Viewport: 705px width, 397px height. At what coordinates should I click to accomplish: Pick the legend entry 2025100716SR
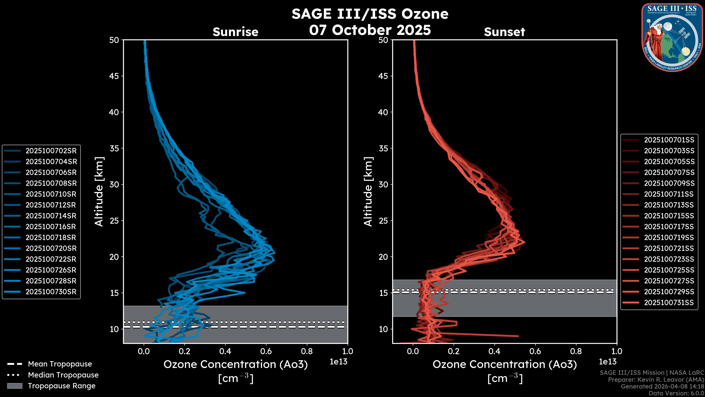(51, 227)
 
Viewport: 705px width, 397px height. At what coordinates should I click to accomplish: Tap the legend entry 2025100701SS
(669, 140)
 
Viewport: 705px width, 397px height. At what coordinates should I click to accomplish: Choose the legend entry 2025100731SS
(669, 303)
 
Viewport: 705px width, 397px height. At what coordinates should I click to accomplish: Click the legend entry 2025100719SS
(669, 237)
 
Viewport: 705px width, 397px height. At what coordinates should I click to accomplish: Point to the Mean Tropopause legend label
(60, 364)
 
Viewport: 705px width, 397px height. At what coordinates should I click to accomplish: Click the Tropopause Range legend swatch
(15, 386)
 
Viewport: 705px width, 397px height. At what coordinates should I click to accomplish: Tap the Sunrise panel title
(235, 32)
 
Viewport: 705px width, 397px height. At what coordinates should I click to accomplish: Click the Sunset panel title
(504, 32)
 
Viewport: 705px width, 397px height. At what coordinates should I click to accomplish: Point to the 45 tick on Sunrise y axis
(114, 76)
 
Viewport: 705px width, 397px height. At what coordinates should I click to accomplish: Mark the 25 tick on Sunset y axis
(383, 221)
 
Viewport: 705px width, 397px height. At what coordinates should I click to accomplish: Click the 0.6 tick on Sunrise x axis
(266, 351)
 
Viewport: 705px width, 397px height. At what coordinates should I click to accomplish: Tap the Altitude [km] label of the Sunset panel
(368, 192)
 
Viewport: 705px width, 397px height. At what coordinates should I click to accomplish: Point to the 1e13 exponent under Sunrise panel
(339, 362)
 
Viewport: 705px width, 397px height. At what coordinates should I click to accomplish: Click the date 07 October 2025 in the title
(370, 30)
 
